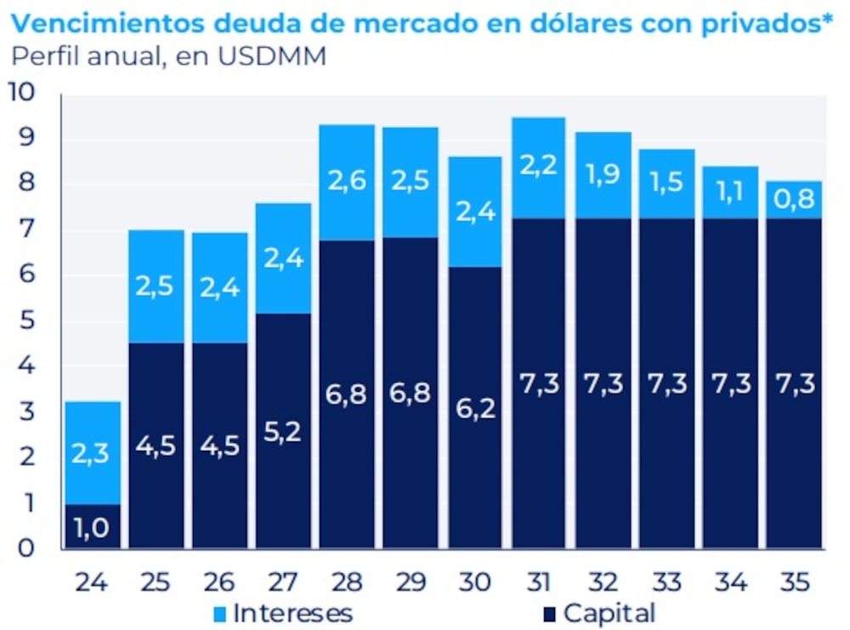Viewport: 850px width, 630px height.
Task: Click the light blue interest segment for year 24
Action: (92, 452)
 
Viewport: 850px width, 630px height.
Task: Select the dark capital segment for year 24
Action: (92, 526)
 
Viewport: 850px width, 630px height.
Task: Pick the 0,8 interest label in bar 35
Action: (794, 200)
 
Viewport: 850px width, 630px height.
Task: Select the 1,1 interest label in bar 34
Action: (730, 193)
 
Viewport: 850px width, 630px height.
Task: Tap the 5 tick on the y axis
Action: (25, 321)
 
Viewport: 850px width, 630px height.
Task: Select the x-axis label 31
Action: (539, 582)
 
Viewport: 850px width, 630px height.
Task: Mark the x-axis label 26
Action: (219, 582)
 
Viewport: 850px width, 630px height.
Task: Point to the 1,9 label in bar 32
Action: (603, 174)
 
